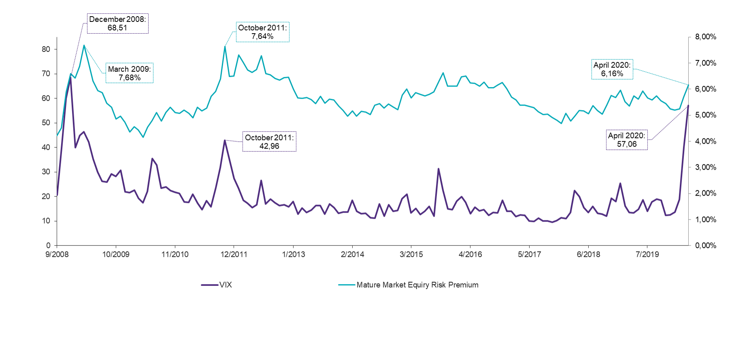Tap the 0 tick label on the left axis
pyautogui.click(x=48, y=245)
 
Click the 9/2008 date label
pyautogui.click(x=57, y=254)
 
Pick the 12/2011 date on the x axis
pyautogui.click(x=234, y=254)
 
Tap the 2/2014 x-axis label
pyautogui.click(x=352, y=254)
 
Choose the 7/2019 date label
pyautogui.click(x=647, y=254)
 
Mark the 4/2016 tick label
pyautogui.click(x=470, y=254)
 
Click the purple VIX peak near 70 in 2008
pyautogui.click(x=70, y=76)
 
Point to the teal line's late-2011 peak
pyautogui.click(x=225, y=47)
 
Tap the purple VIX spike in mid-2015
pyautogui.click(x=438, y=168)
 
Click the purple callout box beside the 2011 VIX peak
pyautogui.click(x=269, y=141)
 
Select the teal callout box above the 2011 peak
pyautogui.click(x=262, y=32)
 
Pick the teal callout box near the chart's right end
pyautogui.click(x=612, y=69)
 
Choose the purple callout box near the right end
pyautogui.click(x=626, y=140)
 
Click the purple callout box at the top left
pyautogui.click(x=117, y=23)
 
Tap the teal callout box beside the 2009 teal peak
pyautogui.click(x=129, y=73)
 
